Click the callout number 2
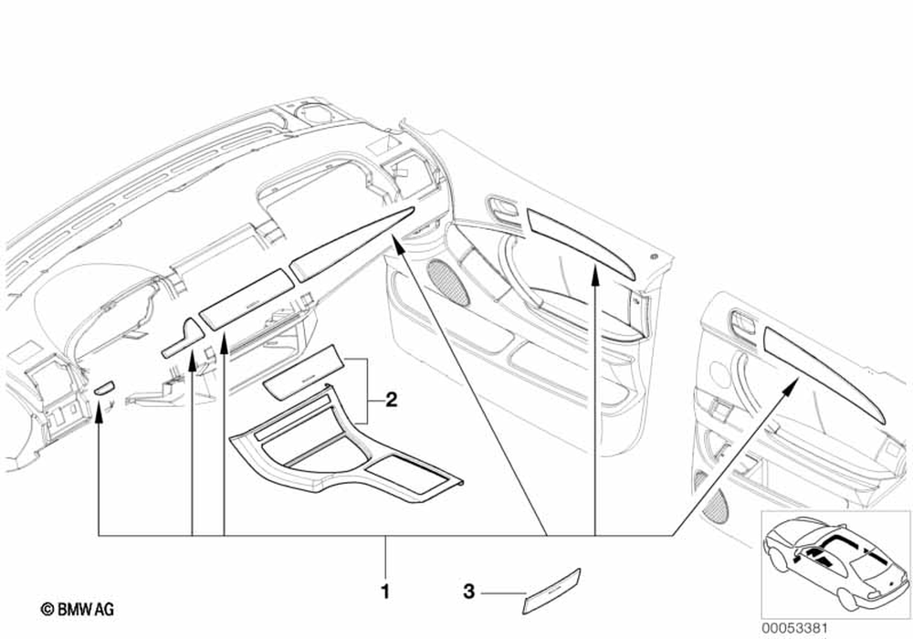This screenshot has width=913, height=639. pos(390,399)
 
